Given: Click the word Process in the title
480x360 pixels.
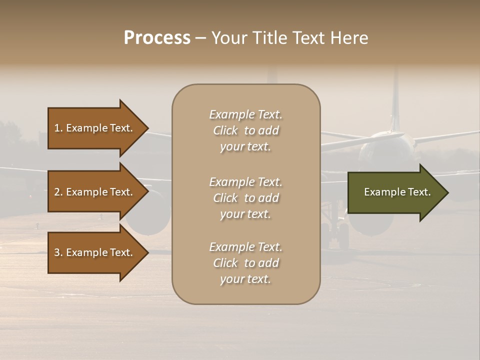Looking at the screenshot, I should pos(157,38).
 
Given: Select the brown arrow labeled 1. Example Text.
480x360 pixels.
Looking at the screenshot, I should pos(95,128).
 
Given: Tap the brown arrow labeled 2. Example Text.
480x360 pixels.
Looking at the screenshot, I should pos(95,192).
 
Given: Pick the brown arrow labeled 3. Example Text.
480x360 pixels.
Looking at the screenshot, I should pos(95,252).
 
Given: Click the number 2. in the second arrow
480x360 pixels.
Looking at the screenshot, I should pos(58,192).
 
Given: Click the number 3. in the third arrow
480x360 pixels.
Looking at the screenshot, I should pos(58,252).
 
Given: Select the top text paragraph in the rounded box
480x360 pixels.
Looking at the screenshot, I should pos(245,130).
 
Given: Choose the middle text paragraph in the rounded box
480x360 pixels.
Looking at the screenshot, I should pos(245,198).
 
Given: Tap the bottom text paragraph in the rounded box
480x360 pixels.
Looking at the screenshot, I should pos(245,263).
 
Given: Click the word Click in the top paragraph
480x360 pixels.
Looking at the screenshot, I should pos(225,130).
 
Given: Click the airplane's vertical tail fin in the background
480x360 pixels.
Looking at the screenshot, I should pos(395,100).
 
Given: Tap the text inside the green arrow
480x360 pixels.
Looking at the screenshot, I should pos(397,192).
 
